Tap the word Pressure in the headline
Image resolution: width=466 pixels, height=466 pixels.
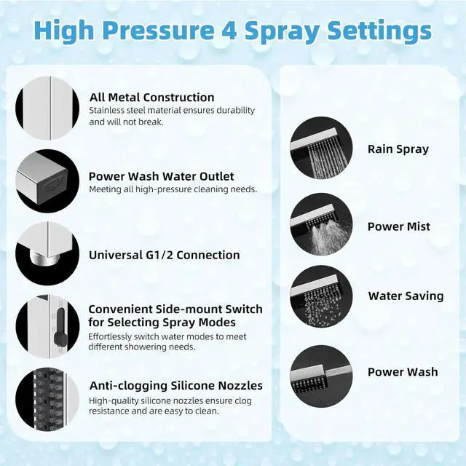point(158,30)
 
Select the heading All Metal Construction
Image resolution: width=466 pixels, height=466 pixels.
point(151,98)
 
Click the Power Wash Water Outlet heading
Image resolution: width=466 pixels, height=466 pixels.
point(162,176)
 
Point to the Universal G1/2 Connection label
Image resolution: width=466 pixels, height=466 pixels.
point(165,256)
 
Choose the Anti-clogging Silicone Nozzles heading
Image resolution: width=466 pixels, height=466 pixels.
point(176,386)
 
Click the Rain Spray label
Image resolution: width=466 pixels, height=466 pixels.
point(398,149)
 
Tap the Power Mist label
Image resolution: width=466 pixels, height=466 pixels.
point(399,226)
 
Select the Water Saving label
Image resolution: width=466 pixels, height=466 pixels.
point(406,296)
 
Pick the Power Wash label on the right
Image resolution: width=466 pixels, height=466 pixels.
point(403,372)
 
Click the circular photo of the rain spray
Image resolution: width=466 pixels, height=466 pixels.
point(321,148)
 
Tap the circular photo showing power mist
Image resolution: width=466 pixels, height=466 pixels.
point(321,224)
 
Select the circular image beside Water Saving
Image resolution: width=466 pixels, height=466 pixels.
point(321,297)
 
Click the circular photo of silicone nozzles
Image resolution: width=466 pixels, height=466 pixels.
point(47,399)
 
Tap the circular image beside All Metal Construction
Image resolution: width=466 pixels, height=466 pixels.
point(47,108)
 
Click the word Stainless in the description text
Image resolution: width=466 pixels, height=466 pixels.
point(107,110)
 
